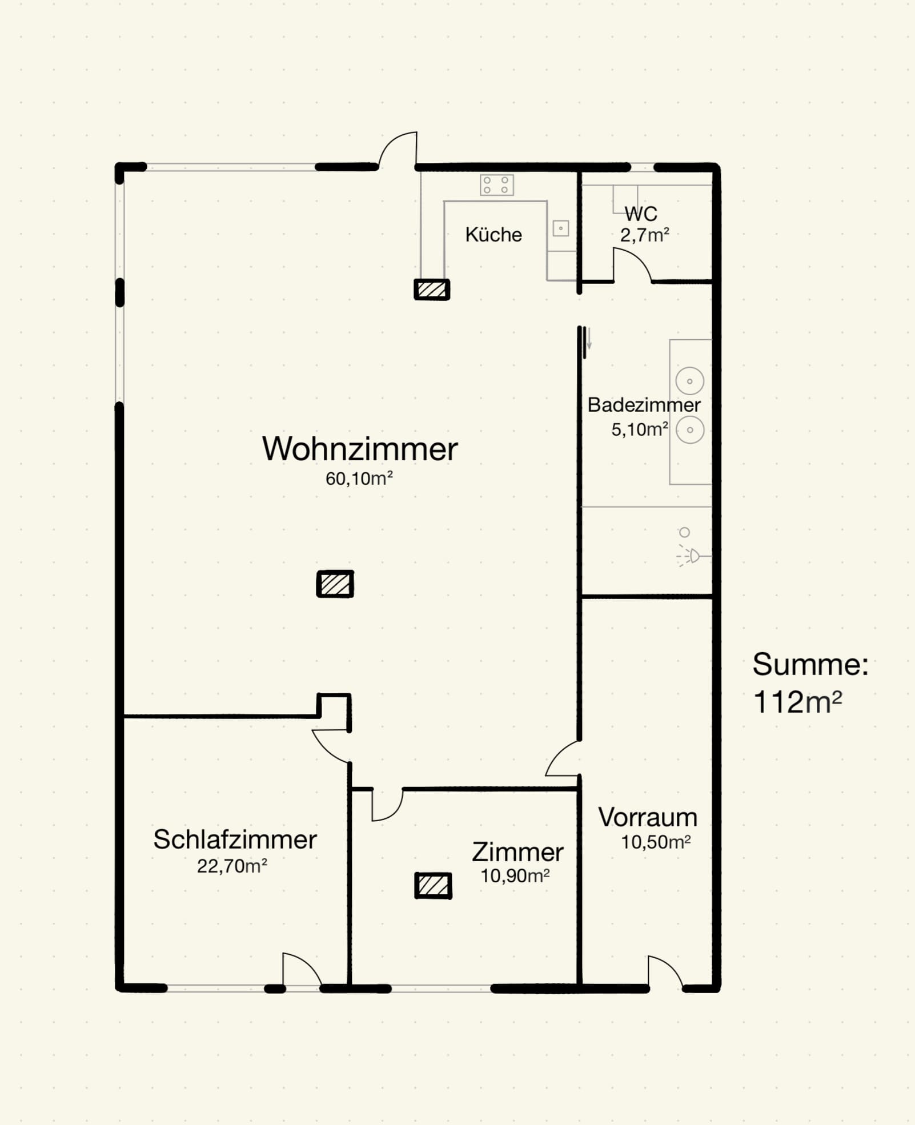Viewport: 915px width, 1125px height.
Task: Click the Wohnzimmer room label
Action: tap(360, 449)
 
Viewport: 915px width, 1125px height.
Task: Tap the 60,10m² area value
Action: tap(359, 479)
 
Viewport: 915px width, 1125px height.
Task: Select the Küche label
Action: tap(493, 235)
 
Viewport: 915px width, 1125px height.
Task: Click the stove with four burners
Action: tap(496, 185)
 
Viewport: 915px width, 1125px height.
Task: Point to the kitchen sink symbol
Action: tap(561, 228)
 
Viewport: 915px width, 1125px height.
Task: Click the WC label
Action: tap(641, 214)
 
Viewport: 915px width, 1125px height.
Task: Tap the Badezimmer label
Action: tap(644, 405)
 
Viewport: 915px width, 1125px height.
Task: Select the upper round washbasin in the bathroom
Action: tap(690, 381)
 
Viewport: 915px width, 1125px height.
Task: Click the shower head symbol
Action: tap(693, 555)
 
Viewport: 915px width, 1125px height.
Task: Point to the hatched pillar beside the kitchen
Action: tap(432, 290)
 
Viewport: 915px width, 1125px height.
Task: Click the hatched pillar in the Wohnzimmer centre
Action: tap(335, 584)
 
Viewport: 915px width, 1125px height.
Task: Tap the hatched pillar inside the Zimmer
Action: tap(433, 886)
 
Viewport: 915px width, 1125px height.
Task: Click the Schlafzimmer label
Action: tap(235, 839)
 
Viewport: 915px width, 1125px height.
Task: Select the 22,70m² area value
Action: tap(232, 866)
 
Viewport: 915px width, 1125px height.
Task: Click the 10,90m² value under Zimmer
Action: tap(515, 875)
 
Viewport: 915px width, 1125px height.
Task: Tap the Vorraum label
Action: tap(648, 817)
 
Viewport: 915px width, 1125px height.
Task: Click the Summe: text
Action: tap(810, 664)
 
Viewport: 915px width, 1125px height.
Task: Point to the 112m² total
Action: tap(797, 702)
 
